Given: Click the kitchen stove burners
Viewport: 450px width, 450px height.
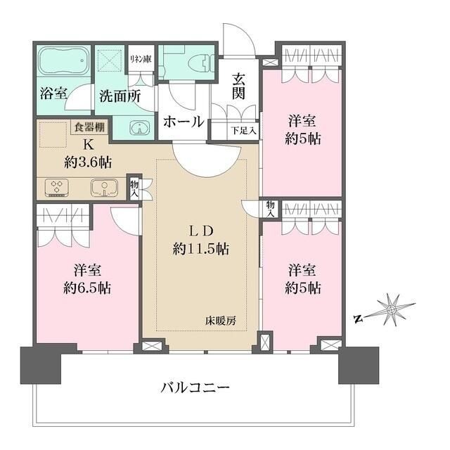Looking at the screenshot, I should pos(56,188).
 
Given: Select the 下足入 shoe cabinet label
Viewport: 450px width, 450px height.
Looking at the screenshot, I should pos(244,131).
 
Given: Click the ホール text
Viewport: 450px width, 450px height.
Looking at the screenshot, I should pos(184,121).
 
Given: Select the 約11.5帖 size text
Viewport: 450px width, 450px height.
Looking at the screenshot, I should pos(201,248).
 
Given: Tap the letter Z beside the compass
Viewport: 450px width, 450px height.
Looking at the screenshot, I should pos(358,319).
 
